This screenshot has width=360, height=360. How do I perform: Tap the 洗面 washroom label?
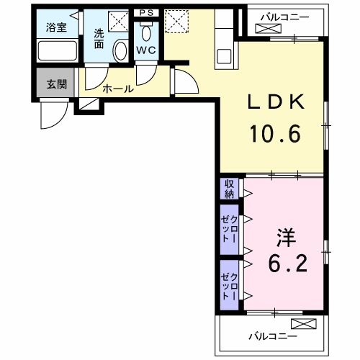99,37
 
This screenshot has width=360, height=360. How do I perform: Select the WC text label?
146,50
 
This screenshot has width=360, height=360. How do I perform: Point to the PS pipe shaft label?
146,12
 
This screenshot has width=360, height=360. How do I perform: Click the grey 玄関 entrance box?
55,84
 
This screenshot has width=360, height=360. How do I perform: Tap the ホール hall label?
117,89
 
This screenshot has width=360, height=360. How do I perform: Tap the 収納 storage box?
229,189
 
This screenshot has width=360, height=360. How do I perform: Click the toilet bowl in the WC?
147,32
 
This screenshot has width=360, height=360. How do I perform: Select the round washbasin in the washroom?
120,51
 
